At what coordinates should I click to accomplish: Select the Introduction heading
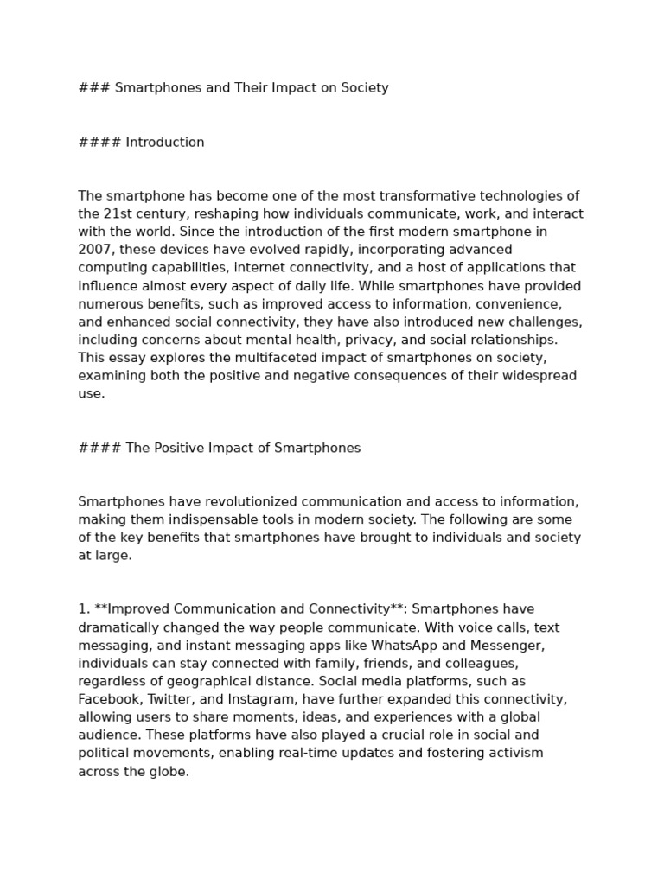coord(165,143)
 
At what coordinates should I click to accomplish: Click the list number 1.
coord(83,609)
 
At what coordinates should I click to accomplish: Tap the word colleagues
coord(485,664)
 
